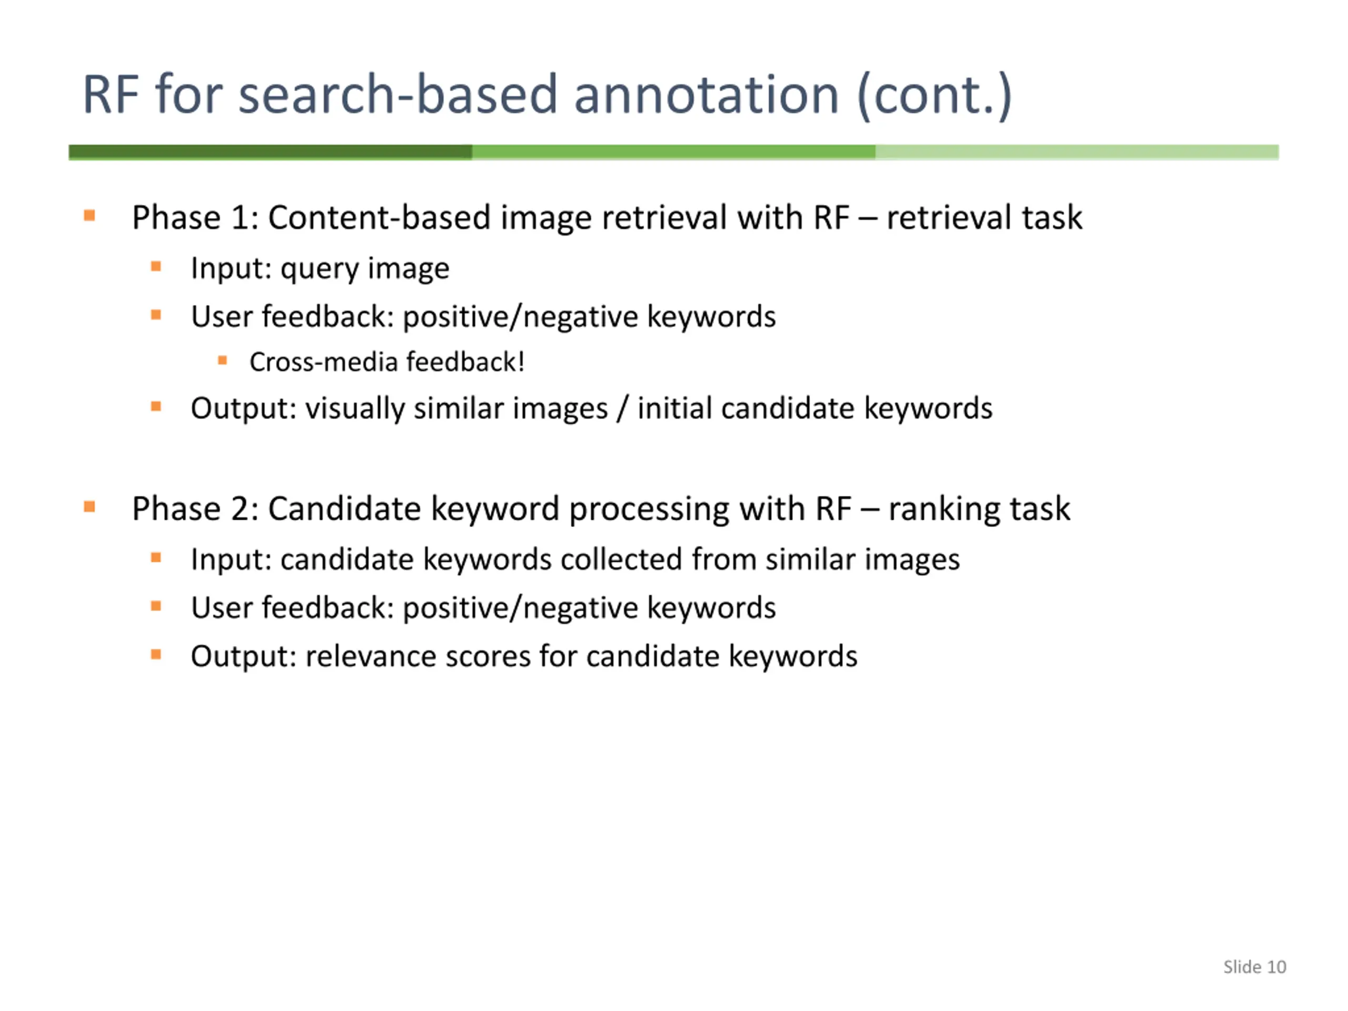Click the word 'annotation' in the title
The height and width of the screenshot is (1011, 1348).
706,95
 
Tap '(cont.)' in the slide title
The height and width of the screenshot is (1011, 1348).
934,95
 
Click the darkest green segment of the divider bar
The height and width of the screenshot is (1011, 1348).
270,152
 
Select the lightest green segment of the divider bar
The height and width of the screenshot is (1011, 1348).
1076,152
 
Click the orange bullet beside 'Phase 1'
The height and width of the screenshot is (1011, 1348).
90,215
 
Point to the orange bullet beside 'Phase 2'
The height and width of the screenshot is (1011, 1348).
90,507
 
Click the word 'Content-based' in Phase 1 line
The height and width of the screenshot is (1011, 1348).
379,217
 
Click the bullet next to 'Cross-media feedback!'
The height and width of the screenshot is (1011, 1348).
222,361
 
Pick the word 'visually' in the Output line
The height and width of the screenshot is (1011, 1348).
355,408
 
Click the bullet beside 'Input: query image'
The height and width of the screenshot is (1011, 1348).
156,266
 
